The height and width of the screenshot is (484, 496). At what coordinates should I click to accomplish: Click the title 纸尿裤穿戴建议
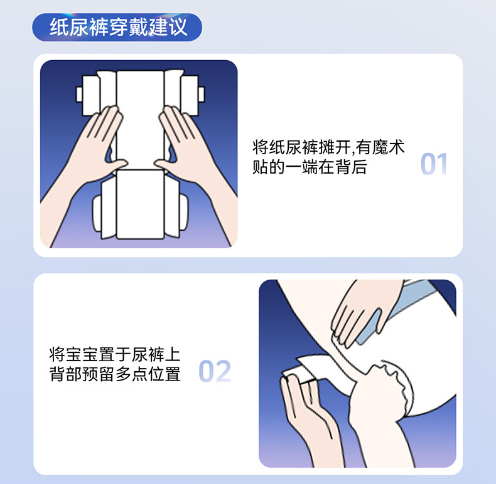tap(119, 27)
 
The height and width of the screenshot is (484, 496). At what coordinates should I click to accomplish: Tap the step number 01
tap(434, 164)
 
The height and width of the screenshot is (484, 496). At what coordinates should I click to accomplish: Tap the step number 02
tap(215, 371)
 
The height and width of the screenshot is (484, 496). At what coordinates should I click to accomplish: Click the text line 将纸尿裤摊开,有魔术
tap(328, 147)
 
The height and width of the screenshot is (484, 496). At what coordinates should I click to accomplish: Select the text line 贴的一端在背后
tap(310, 167)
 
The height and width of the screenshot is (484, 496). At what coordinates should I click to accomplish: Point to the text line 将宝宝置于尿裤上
tap(115, 354)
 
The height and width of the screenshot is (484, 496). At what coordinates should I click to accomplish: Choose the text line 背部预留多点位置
tap(115, 374)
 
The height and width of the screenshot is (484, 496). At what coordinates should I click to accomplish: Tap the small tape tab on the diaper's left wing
tap(79, 94)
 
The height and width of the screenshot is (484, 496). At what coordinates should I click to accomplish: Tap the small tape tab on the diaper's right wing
tap(201, 94)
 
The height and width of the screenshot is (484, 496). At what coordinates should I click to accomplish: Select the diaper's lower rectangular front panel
tap(140, 204)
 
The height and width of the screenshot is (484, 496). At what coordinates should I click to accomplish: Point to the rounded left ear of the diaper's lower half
tap(97, 213)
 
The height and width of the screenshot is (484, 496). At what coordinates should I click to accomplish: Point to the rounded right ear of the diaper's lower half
tap(184, 213)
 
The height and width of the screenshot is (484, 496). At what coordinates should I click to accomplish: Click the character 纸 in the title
tap(59, 27)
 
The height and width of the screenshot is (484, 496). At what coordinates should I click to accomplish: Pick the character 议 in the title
tap(178, 27)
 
